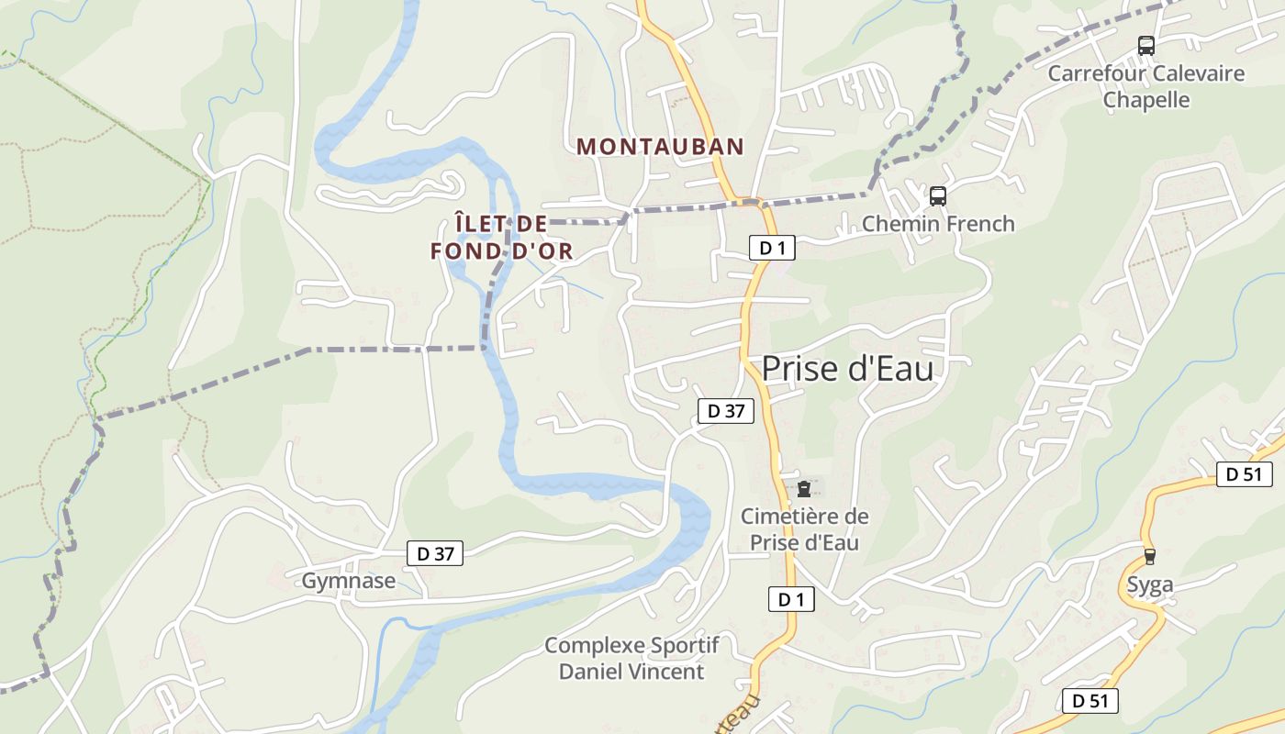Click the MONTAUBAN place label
tap(660, 146)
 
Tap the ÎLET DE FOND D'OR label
tap(501, 237)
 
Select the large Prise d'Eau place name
tap(847, 369)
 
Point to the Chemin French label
tap(938, 224)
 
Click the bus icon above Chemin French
tap(937, 195)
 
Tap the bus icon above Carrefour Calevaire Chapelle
tap(1145, 45)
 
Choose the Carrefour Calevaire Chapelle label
tap(1145, 86)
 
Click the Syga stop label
tap(1150, 585)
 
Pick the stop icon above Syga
tap(1149, 556)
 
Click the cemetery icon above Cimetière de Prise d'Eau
tap(804, 488)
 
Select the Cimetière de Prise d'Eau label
tap(805, 529)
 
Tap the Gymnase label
tap(349, 581)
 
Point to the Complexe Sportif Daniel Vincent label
tap(631, 658)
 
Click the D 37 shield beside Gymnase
tap(435, 553)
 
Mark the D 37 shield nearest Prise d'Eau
tap(725, 411)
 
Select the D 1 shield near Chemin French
tap(772, 248)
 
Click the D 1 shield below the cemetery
tap(791, 599)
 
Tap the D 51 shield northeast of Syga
tap(1245, 474)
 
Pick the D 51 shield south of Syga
tap(1090, 701)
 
